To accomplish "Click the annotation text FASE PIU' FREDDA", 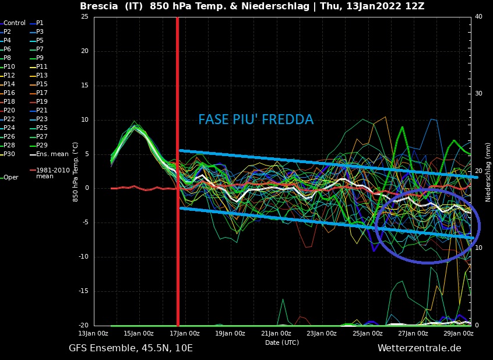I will tap(255, 119).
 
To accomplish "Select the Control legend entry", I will tap(15, 23).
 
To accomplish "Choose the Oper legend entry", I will tap(11, 177).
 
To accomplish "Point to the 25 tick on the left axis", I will tap(84, 16).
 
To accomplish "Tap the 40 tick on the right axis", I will tap(478, 16).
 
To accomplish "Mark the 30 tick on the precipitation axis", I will tap(478, 93).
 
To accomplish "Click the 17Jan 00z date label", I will tap(186, 333).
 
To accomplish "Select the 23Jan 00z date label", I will tap(322, 333).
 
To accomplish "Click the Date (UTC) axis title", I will tap(282, 343).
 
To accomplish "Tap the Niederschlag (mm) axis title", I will tap(488, 172).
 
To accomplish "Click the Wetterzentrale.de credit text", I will tap(419, 348).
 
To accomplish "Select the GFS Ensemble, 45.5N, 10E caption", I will tap(131, 348).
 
